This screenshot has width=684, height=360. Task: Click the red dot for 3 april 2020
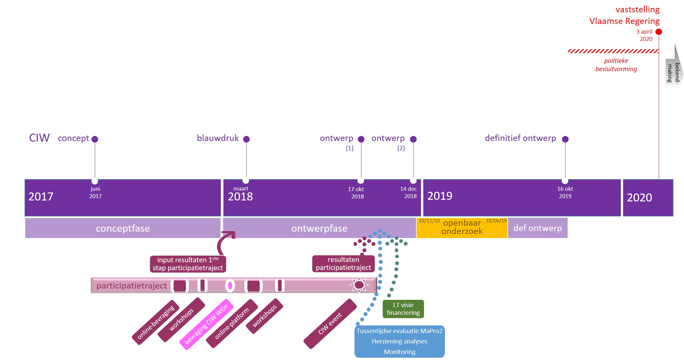(658, 32)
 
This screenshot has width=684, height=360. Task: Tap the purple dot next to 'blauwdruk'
(246, 139)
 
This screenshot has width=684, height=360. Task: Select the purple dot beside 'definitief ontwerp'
(565, 139)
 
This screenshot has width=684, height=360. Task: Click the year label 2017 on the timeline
(41, 197)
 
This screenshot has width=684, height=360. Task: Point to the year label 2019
(440, 196)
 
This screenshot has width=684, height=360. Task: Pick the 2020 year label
(639, 198)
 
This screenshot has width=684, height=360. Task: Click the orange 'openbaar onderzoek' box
(462, 228)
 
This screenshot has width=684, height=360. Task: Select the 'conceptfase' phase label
(123, 228)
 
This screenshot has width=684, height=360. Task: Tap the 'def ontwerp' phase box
(537, 228)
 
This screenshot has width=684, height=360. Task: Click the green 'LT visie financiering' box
(403, 309)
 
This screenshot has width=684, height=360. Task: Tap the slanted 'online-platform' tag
(232, 323)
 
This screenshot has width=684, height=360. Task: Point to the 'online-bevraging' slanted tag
(156, 322)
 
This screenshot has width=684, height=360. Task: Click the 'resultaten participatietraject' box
(343, 264)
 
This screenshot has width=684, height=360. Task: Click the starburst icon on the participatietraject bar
(359, 285)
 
